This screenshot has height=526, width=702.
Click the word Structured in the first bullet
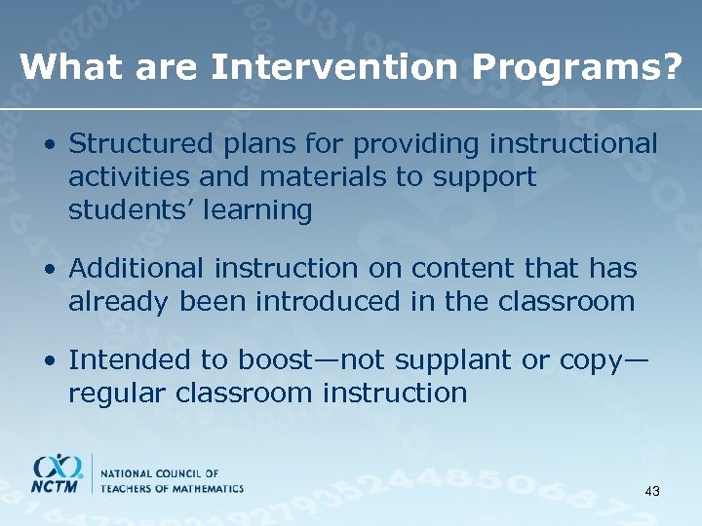[131, 144]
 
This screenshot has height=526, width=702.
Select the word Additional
[136, 268]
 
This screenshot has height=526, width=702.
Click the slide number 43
[652, 492]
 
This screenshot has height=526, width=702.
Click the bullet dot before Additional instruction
[48, 269]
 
